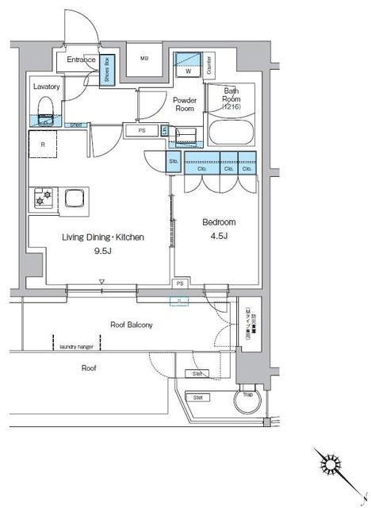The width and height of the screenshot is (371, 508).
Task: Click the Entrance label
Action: (81, 60)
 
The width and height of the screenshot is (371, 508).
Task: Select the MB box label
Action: (144, 59)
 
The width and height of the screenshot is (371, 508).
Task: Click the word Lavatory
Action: (45, 85)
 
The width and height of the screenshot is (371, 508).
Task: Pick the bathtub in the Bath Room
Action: (230, 130)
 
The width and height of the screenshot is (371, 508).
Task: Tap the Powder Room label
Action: (185, 105)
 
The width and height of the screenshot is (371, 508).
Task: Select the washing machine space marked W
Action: (188, 65)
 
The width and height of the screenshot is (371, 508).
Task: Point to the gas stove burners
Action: (40, 198)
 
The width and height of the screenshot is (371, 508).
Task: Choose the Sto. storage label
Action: (173, 163)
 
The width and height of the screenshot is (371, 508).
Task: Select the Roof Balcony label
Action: (131, 325)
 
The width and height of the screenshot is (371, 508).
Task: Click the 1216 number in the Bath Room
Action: (231, 106)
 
